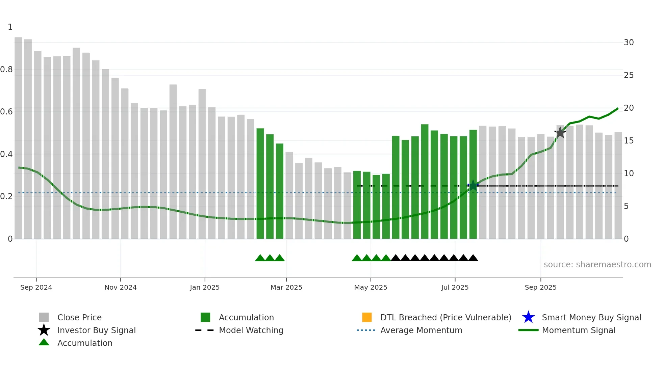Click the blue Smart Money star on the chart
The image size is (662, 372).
click(473, 185)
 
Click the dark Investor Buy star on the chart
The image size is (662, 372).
click(560, 132)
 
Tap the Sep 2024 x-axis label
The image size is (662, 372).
click(36, 287)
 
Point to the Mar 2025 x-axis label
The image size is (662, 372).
click(286, 287)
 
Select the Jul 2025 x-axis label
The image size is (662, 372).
click(455, 287)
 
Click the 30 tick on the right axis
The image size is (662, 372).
click(629, 43)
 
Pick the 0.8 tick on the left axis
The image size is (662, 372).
click(6, 70)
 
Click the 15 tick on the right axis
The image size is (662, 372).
click(629, 141)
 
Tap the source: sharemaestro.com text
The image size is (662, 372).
click(597, 265)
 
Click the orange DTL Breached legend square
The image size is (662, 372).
click(367, 317)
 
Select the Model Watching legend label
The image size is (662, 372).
click(251, 330)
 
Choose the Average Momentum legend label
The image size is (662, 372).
click(421, 330)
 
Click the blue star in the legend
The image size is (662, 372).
click(528, 317)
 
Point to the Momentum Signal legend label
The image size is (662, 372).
click(579, 330)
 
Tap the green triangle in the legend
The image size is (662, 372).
click(44, 342)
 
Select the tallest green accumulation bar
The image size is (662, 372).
click(425, 182)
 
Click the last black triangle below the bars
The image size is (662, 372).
click(473, 258)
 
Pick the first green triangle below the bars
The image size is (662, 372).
click(260, 258)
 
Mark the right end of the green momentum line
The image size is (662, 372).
click(618, 109)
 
